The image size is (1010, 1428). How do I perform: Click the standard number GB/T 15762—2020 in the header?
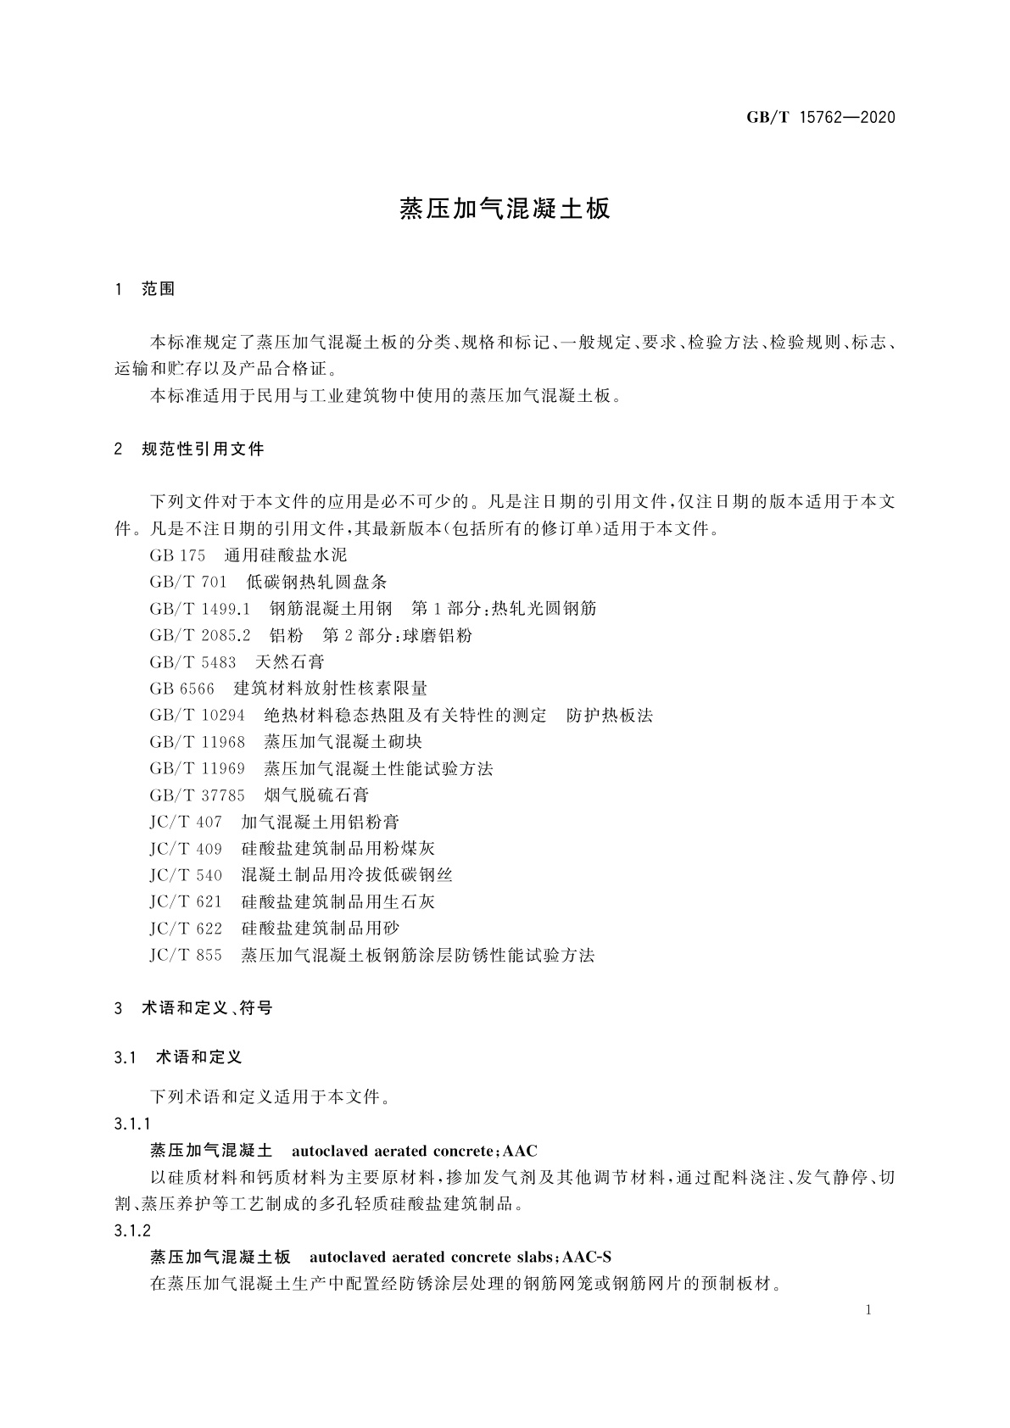click(x=821, y=118)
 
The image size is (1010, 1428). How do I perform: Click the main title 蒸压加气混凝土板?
click(x=505, y=209)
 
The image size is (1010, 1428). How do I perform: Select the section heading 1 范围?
click(x=145, y=289)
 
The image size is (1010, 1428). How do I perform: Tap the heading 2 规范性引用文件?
click(x=189, y=449)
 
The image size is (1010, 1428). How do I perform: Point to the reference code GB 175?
click(x=177, y=555)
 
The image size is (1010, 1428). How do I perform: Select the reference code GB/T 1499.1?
click(x=200, y=609)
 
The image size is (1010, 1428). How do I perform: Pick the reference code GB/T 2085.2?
click(x=200, y=635)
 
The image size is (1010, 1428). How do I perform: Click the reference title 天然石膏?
click(x=289, y=662)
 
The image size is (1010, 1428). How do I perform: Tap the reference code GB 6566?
click(x=181, y=689)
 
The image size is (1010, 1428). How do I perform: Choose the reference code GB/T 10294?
click(x=197, y=716)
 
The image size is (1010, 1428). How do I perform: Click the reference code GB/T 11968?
click(x=197, y=742)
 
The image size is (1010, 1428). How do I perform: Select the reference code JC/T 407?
click(x=186, y=822)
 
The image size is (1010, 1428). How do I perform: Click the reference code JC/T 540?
click(x=186, y=875)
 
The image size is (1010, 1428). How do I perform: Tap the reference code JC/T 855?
click(x=186, y=956)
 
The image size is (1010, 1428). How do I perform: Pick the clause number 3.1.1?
click(x=132, y=1124)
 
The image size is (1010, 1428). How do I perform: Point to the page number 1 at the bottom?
click(x=869, y=1310)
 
